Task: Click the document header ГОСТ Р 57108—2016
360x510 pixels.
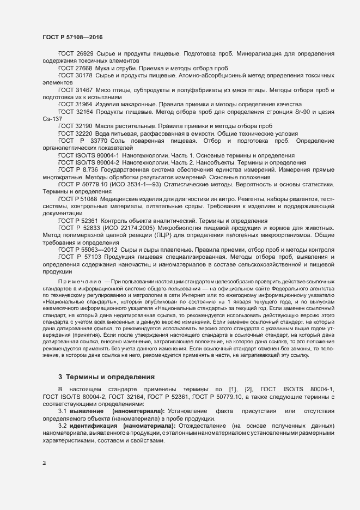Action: tap(72, 37)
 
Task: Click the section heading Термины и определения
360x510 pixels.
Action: tap(111, 377)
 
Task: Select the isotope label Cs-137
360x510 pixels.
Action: tap(52, 119)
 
